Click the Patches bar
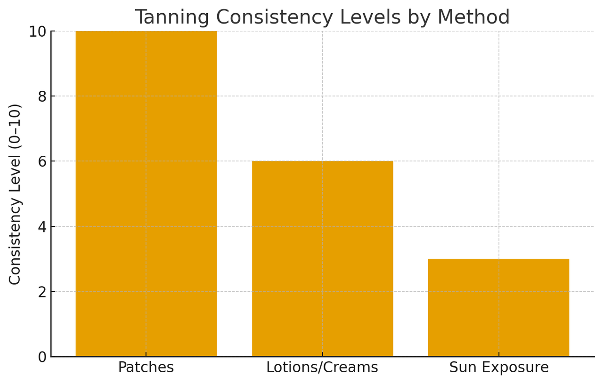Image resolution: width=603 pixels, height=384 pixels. click(x=146, y=193)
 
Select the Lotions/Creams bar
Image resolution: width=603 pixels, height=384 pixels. click(x=322, y=259)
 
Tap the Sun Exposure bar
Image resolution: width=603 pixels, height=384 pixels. click(x=498, y=308)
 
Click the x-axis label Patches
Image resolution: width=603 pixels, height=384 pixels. click(x=146, y=368)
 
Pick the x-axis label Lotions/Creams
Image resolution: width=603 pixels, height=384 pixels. click(x=322, y=368)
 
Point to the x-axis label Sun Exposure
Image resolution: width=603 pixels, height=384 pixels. click(x=498, y=368)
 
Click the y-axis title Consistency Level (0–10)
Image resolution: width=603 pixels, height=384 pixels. click(x=15, y=194)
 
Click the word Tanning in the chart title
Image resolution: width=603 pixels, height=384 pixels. click(x=172, y=17)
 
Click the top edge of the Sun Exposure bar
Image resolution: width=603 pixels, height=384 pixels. click(x=498, y=259)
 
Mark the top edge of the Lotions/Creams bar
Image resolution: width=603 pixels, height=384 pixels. click(x=322, y=161)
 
